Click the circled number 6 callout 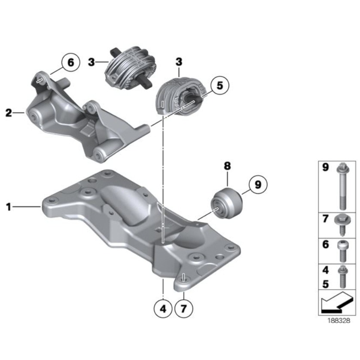point(71,62)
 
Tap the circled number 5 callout point(220,85)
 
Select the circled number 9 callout point(258,184)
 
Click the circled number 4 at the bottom point(163,309)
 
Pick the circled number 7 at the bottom point(184,309)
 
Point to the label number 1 point(9,207)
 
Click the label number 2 point(9,113)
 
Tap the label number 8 point(227,166)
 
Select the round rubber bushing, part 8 point(226,204)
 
